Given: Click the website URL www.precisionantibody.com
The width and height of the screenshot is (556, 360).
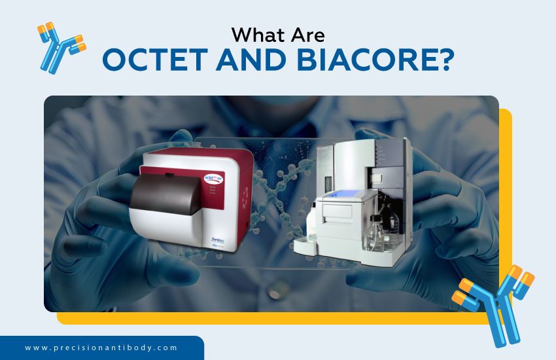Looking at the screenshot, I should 101,348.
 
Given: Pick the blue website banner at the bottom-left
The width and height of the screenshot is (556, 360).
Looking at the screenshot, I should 101,348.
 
